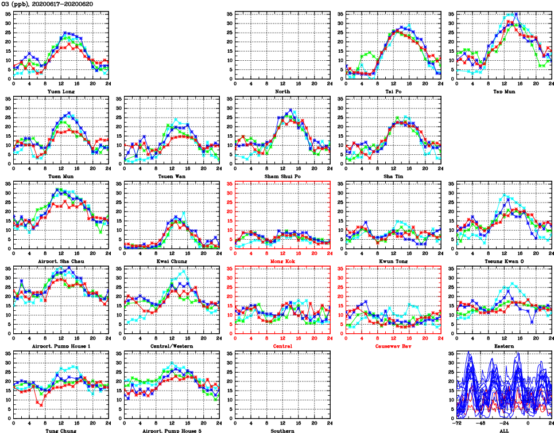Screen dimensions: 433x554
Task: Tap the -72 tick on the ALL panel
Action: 457,422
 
